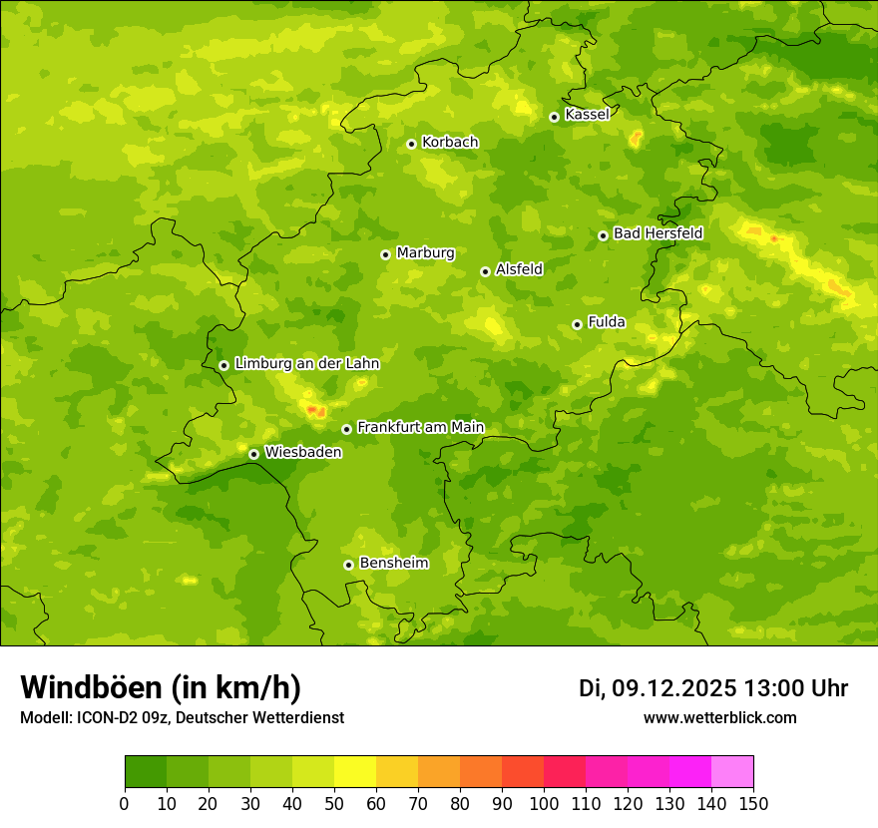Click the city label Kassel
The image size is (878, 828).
tap(587, 115)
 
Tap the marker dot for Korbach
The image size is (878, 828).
tap(411, 144)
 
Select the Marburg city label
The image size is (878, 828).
tap(425, 252)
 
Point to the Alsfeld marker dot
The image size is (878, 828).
tap(485, 271)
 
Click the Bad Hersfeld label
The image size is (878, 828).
tap(658, 233)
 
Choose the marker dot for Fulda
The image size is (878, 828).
tap(577, 324)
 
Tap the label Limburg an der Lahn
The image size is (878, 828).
tap(306, 364)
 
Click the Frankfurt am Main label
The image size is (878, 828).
tap(420, 427)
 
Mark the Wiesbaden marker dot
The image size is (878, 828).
tap(253, 454)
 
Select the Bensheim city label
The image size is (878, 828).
tap(393, 563)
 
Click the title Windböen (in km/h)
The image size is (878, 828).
tap(161, 687)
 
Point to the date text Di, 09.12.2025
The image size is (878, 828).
tap(658, 688)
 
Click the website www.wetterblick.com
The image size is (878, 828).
tap(719, 717)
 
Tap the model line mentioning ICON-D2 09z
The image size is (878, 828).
tap(182, 718)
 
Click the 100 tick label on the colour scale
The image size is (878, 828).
tap(544, 804)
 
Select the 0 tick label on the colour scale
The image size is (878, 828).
tap(125, 804)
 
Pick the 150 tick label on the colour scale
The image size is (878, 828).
tap(753, 804)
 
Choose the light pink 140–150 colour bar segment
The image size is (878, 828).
tap(732, 772)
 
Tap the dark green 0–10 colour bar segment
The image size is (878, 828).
tap(146, 772)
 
